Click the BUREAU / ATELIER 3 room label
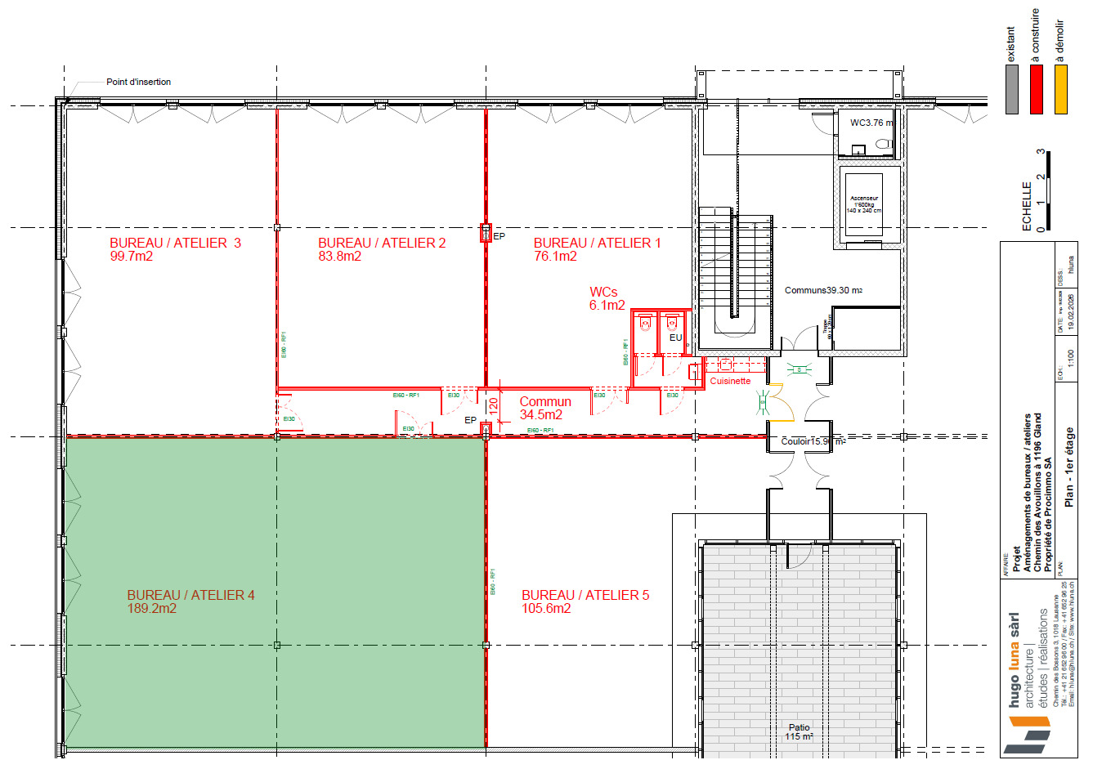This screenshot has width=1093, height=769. [x=175, y=243]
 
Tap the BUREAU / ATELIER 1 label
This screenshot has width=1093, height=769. [x=597, y=243]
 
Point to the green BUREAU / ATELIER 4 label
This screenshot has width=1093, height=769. [x=190, y=595]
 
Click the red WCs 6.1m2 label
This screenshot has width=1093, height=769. [x=607, y=298]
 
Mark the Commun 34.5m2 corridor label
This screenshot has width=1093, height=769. [x=544, y=408]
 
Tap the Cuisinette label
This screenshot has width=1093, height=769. [x=729, y=381]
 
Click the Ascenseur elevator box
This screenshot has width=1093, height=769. [x=864, y=204]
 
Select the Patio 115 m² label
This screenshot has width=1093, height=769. [x=799, y=731]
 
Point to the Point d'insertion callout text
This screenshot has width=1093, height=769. [x=138, y=82]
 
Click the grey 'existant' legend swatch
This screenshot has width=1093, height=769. [x=1012, y=89]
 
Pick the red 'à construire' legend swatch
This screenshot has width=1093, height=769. [x=1037, y=89]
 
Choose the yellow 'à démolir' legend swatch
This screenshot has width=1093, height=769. [x=1060, y=89]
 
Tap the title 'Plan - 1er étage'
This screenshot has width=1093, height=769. [x=1068, y=467]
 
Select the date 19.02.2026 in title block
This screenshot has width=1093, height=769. [x=1071, y=311]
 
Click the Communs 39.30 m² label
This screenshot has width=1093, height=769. [x=822, y=290]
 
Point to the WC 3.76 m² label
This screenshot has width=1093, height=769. [x=871, y=123]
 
